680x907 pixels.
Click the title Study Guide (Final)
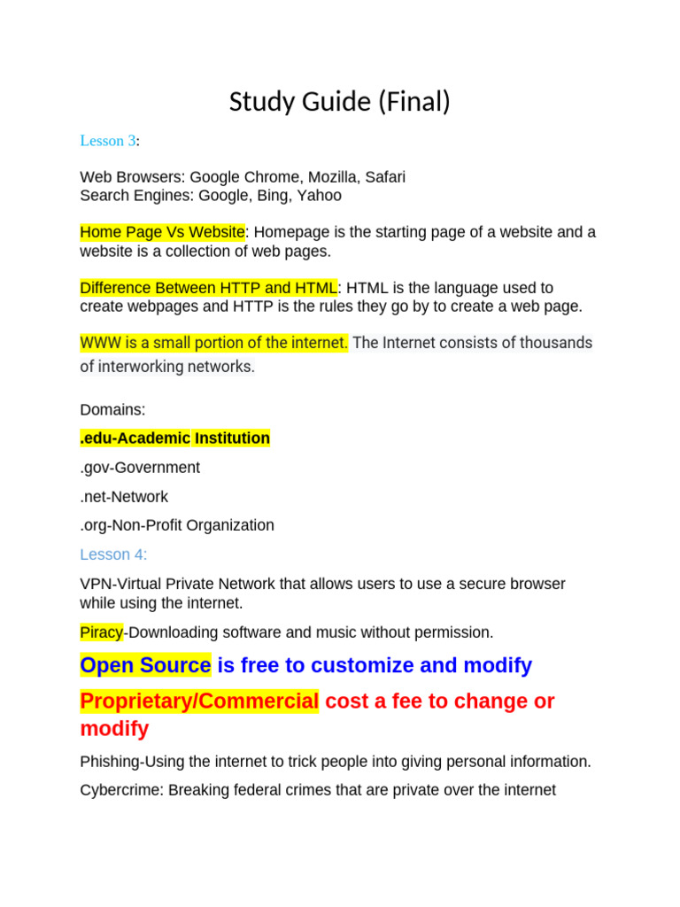340,103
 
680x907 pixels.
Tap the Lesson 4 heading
113,554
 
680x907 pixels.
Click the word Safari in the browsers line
382,177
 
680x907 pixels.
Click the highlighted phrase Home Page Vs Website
162,232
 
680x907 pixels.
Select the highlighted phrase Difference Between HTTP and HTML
208,288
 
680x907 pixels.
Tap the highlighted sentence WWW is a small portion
214,343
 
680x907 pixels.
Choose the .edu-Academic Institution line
174,438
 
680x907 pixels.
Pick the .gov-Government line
140,468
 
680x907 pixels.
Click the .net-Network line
124,497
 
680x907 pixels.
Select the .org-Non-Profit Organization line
177,525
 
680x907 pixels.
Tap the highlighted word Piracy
101,632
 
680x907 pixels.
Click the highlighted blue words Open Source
145,665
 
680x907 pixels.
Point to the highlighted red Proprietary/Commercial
199,702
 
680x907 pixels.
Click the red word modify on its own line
114,729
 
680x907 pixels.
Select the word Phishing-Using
131,762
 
